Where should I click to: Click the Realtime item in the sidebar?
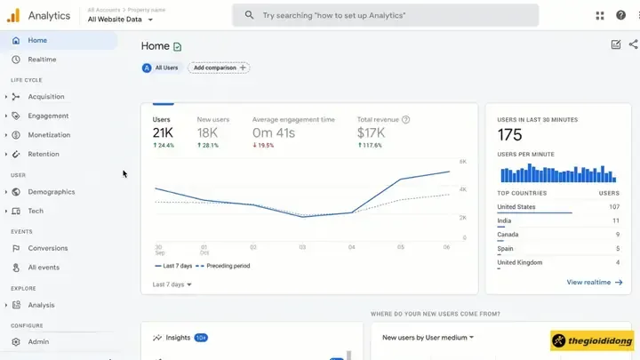42,60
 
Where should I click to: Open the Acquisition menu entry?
45,97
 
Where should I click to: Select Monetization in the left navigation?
48,135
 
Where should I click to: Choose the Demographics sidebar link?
51,192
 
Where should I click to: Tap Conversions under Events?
47,249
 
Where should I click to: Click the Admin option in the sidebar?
38,342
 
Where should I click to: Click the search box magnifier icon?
249,15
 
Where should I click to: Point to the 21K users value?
162,133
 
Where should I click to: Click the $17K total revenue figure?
371,133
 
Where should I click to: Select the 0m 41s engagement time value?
274,133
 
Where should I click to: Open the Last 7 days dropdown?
172,284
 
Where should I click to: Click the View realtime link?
594,282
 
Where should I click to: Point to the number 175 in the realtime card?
509,135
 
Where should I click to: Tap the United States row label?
516,207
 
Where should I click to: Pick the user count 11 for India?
615,220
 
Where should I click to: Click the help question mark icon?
621,15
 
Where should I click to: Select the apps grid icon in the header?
600,15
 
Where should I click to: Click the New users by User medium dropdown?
428,338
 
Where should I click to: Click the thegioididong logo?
592,340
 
